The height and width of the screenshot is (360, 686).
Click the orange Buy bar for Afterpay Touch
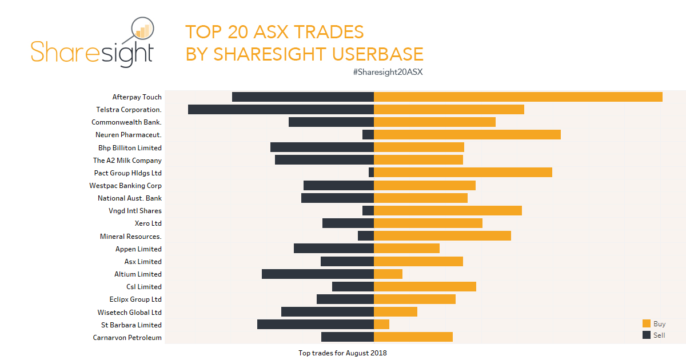click(518, 97)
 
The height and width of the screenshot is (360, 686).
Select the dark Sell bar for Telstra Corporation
click(281, 110)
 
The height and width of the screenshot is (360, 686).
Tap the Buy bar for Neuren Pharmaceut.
click(467, 135)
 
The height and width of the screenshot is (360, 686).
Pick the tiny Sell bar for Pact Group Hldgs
click(371, 173)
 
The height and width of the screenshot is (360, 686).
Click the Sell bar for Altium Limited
click(318, 274)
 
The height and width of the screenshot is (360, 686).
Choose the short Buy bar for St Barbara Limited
click(381, 325)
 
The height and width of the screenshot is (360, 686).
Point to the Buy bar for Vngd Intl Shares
click(448, 211)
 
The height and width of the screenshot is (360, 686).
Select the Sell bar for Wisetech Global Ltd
click(328, 312)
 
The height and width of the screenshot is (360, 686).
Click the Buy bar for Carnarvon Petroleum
click(413, 337)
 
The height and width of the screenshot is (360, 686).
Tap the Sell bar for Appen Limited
click(334, 249)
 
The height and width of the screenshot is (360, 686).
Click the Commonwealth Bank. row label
click(126, 122)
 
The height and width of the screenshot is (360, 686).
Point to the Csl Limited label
click(144, 287)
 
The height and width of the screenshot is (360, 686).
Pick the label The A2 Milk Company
click(127, 161)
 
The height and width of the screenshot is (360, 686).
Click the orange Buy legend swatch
click(647, 324)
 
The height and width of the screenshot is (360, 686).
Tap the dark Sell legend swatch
click(647, 335)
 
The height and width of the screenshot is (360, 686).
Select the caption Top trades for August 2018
click(342, 353)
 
